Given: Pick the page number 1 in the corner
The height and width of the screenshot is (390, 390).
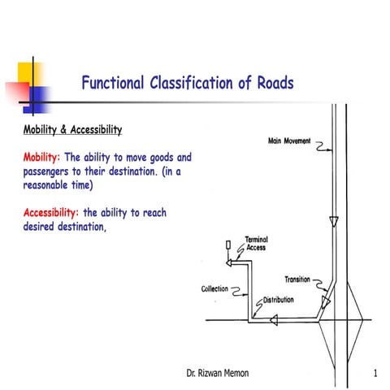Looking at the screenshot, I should (x=375, y=374).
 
